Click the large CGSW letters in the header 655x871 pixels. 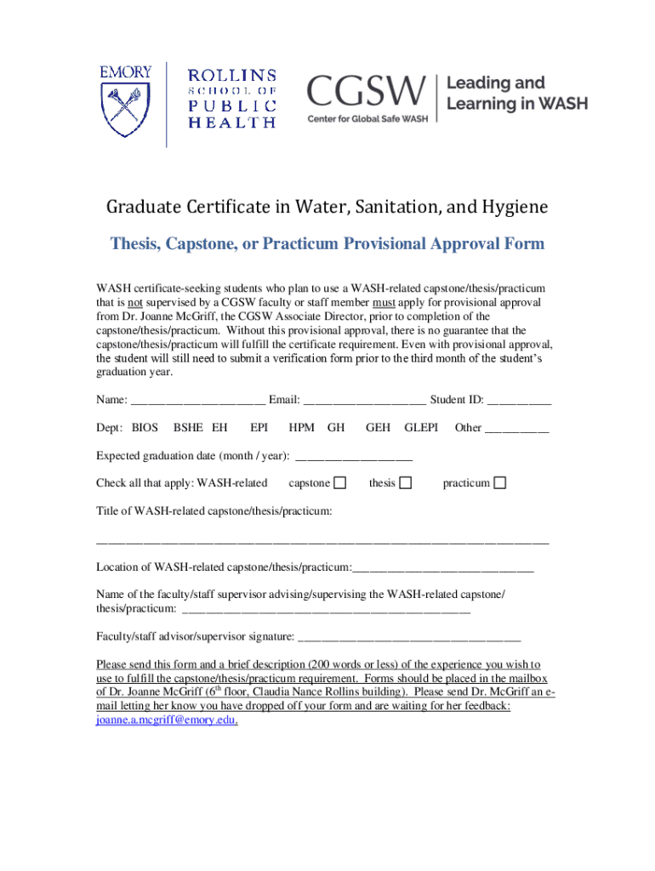point(366,91)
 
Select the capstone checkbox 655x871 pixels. point(339,483)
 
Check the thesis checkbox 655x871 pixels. point(406,483)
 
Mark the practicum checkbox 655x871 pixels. point(500,483)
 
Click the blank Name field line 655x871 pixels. point(198,401)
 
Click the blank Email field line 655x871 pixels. point(364,401)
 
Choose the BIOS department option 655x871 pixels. point(145,428)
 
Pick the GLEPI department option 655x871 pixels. point(421,428)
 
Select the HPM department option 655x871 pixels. point(301,428)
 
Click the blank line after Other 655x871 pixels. point(516,429)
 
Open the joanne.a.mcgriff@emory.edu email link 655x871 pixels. point(166,720)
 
